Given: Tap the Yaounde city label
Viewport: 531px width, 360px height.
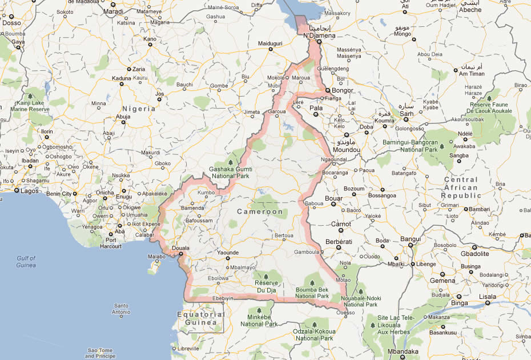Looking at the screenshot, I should click(x=228, y=252).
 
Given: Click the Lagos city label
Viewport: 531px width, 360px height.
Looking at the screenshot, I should click(x=29, y=191).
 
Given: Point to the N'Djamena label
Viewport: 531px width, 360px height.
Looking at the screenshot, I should click(x=320, y=35).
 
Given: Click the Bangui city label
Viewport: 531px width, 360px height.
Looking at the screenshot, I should click(x=410, y=239).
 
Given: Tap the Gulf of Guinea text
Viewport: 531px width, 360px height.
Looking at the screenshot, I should click(x=26, y=262).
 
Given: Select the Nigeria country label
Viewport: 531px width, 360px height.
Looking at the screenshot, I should click(x=139, y=108).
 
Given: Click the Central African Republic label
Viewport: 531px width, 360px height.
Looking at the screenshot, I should click(x=461, y=187).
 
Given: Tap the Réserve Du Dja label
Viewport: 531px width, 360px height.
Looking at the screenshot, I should click(x=269, y=287).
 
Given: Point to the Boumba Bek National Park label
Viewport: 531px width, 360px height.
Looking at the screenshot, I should click(x=312, y=293).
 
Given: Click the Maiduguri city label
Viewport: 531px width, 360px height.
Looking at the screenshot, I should click(x=271, y=43).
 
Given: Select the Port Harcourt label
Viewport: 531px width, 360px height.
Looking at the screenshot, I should click(x=110, y=243).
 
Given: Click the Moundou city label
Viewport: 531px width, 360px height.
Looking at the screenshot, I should click(x=345, y=149).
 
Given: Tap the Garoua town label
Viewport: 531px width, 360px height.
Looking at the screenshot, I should click(x=276, y=111).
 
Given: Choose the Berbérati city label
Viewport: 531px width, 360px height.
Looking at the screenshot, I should click(x=340, y=242).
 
